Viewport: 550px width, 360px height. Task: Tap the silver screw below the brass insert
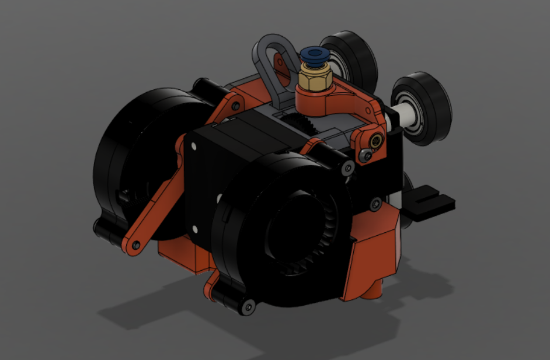(x=365, y=155)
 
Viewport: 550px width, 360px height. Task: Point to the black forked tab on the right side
(x=430, y=202)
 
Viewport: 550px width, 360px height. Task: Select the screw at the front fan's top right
(x=348, y=168)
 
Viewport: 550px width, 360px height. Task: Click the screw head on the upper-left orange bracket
(x=235, y=107)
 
